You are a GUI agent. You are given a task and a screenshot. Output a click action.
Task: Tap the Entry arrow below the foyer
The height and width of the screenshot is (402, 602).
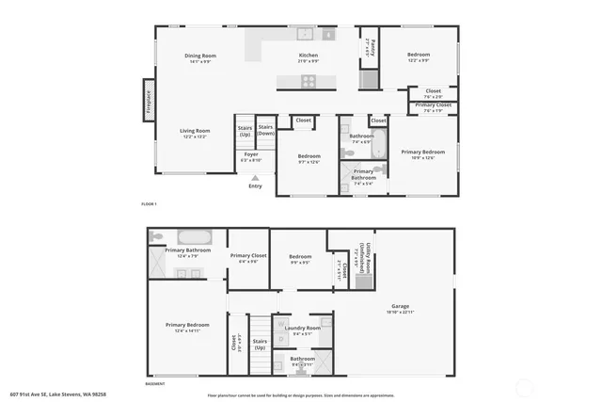point(255,176)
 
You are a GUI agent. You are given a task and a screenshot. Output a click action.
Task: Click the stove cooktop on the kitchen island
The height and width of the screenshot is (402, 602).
point(309,81)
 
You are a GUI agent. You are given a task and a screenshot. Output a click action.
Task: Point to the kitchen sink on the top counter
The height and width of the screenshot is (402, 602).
point(305,34)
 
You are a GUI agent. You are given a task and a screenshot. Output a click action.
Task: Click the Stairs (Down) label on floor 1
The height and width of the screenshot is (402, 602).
point(266,130)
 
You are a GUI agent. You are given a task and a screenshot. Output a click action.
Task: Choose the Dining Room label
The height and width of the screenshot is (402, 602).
point(200,58)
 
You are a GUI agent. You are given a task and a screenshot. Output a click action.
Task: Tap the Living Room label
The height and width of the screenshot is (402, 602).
point(195,133)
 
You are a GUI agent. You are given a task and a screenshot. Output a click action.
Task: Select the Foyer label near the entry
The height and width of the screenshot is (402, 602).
point(251,156)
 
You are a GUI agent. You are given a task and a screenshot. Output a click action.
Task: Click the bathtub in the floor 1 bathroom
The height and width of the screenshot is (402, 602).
point(378,147)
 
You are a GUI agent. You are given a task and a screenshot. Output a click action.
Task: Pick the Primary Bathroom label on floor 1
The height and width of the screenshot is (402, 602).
point(363,174)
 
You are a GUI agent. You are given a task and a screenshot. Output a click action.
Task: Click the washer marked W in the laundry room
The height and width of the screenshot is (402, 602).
point(281,325)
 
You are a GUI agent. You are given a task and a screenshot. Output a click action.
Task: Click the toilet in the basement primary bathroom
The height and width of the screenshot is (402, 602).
point(157,237)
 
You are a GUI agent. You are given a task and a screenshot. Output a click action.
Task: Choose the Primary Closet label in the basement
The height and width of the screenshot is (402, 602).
point(248,258)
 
